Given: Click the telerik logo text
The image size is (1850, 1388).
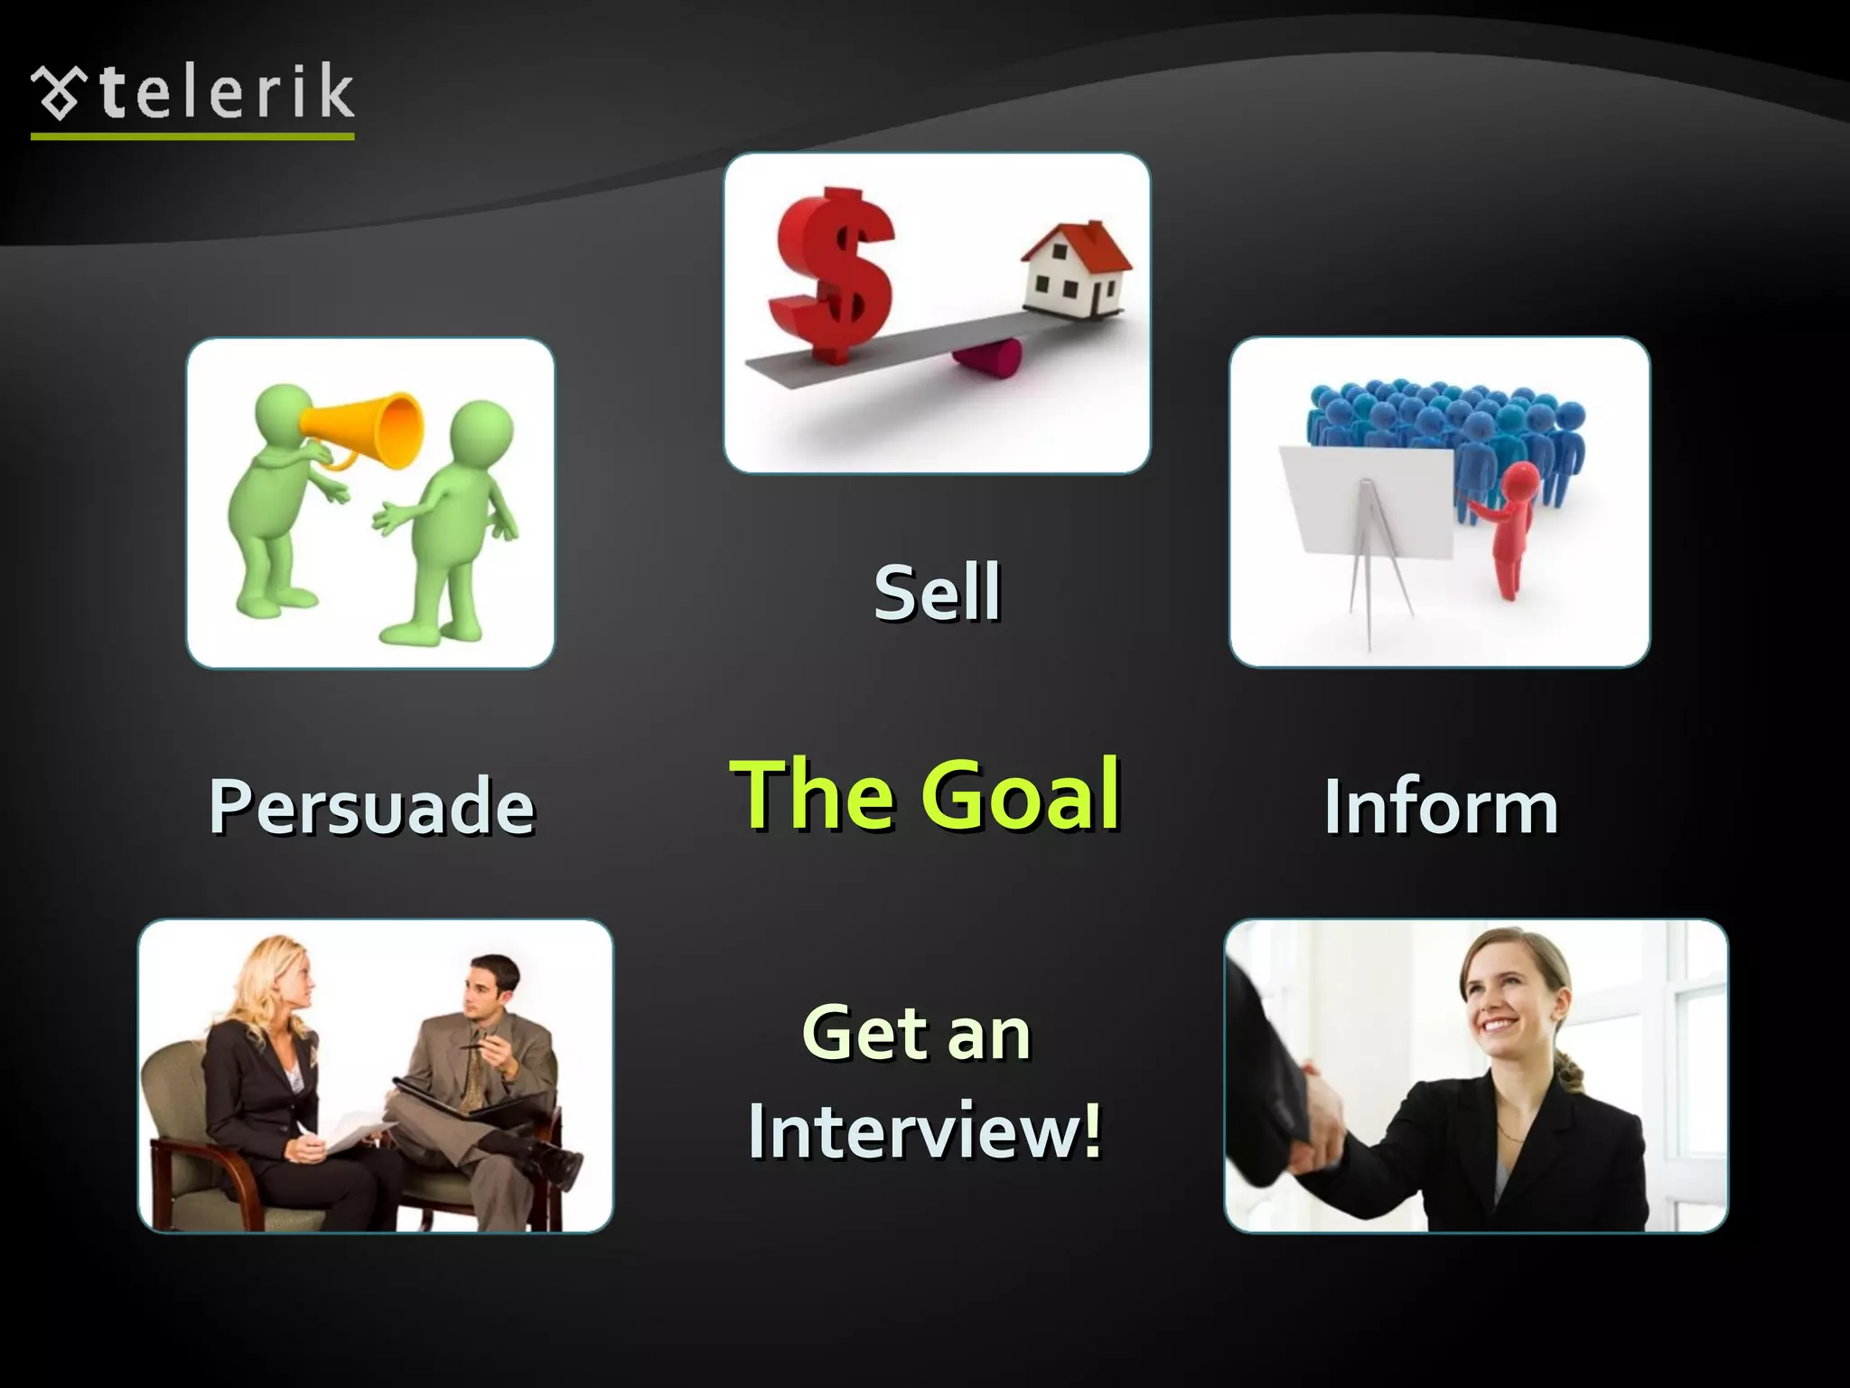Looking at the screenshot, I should tap(226, 92).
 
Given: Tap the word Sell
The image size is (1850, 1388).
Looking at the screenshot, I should tap(937, 592).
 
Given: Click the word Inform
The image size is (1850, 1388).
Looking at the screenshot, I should tap(1441, 806).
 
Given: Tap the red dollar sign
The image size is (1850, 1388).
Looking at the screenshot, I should tap(832, 271).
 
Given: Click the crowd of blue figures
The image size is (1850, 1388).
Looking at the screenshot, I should tap(1445, 425).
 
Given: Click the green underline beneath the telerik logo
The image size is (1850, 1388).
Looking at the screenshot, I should tap(192, 136).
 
